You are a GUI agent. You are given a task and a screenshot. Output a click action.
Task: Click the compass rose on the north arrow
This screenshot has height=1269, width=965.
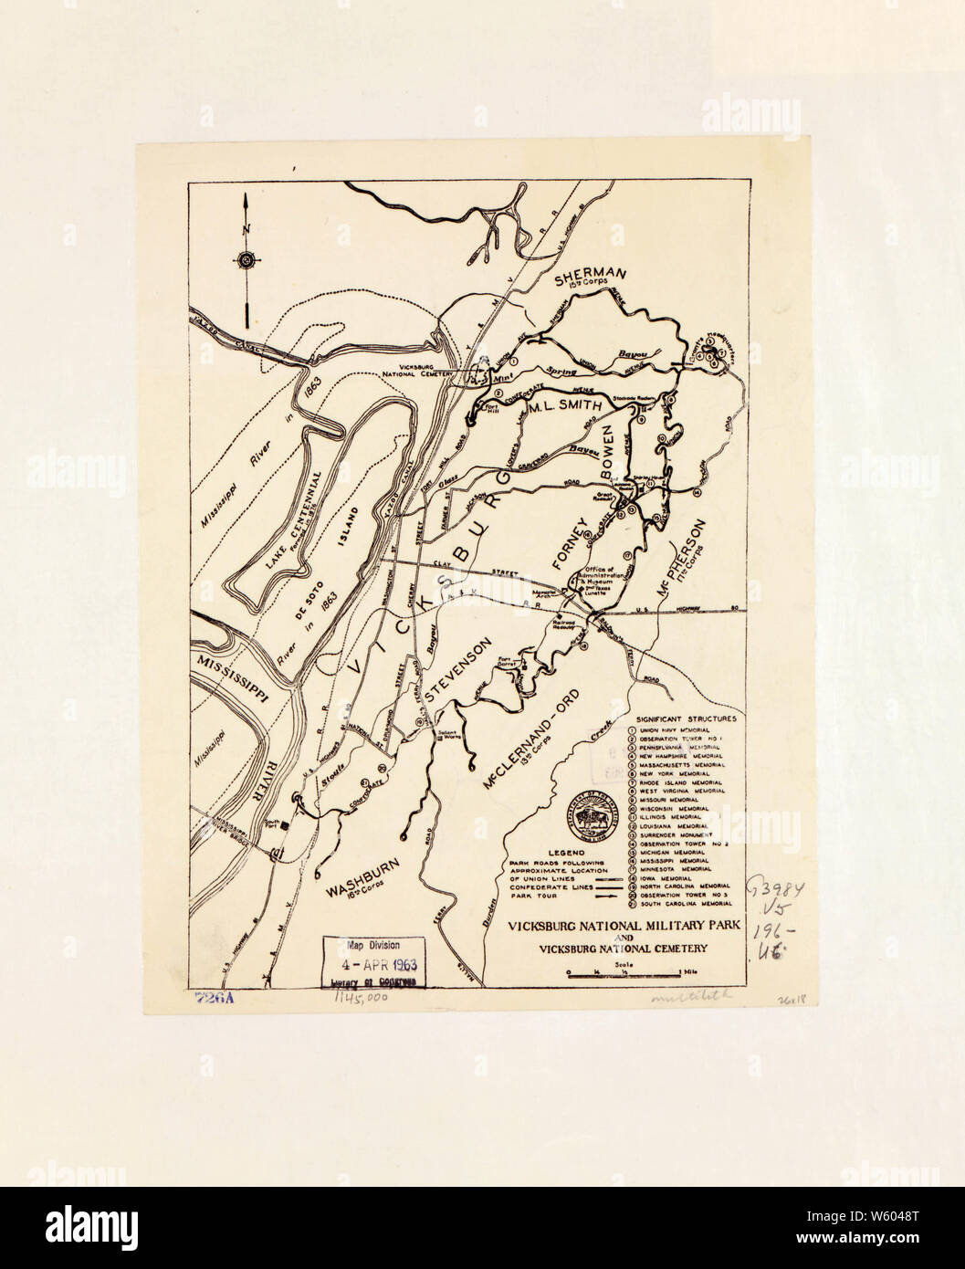247,262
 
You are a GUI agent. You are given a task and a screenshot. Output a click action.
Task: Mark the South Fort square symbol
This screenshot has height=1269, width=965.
285,825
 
